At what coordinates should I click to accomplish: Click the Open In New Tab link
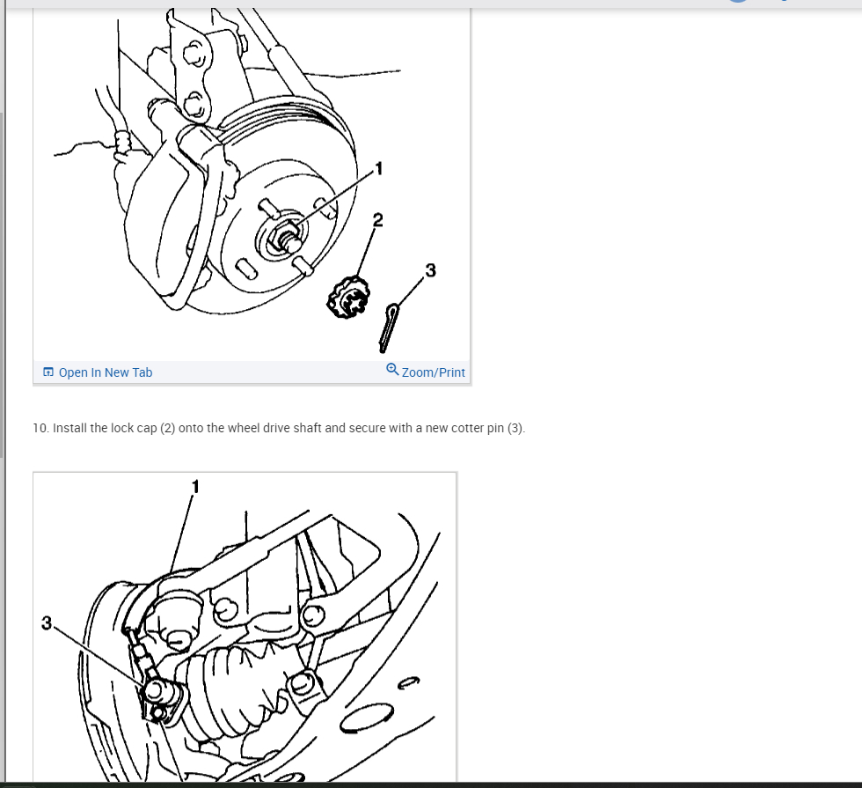click(x=98, y=372)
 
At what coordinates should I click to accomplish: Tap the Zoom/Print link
click(x=426, y=372)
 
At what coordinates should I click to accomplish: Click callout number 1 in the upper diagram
click(x=378, y=168)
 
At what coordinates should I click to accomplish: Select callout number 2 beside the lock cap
click(x=377, y=220)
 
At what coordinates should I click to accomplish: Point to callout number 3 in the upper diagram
click(x=430, y=270)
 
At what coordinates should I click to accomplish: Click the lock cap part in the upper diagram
click(x=348, y=298)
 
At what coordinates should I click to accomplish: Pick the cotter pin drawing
click(x=389, y=328)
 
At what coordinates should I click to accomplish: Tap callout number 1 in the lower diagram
click(x=195, y=486)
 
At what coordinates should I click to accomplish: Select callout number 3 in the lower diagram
click(x=47, y=623)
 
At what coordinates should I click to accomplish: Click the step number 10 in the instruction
click(x=40, y=428)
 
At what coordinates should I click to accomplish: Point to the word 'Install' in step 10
click(x=69, y=428)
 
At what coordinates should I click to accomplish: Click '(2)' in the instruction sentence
click(x=168, y=428)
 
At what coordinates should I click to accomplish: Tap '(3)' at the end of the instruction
click(x=515, y=428)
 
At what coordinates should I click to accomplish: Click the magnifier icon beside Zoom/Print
click(x=392, y=369)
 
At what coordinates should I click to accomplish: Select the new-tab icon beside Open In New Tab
click(x=48, y=372)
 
